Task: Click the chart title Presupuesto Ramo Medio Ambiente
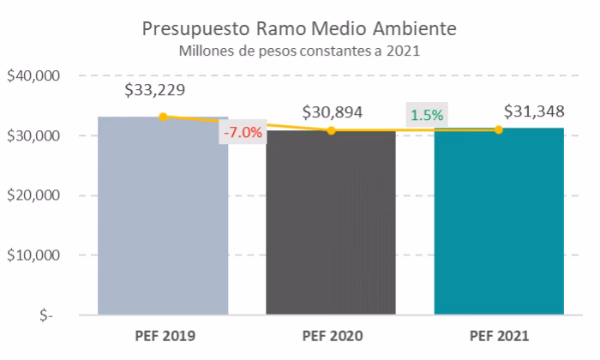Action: pos(299,28)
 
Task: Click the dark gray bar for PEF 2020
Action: pos(331,223)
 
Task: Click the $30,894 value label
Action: pos(332,111)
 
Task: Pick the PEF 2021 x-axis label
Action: pos(499,335)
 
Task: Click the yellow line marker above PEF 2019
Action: pos(163,117)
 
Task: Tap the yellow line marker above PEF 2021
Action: pos(499,129)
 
